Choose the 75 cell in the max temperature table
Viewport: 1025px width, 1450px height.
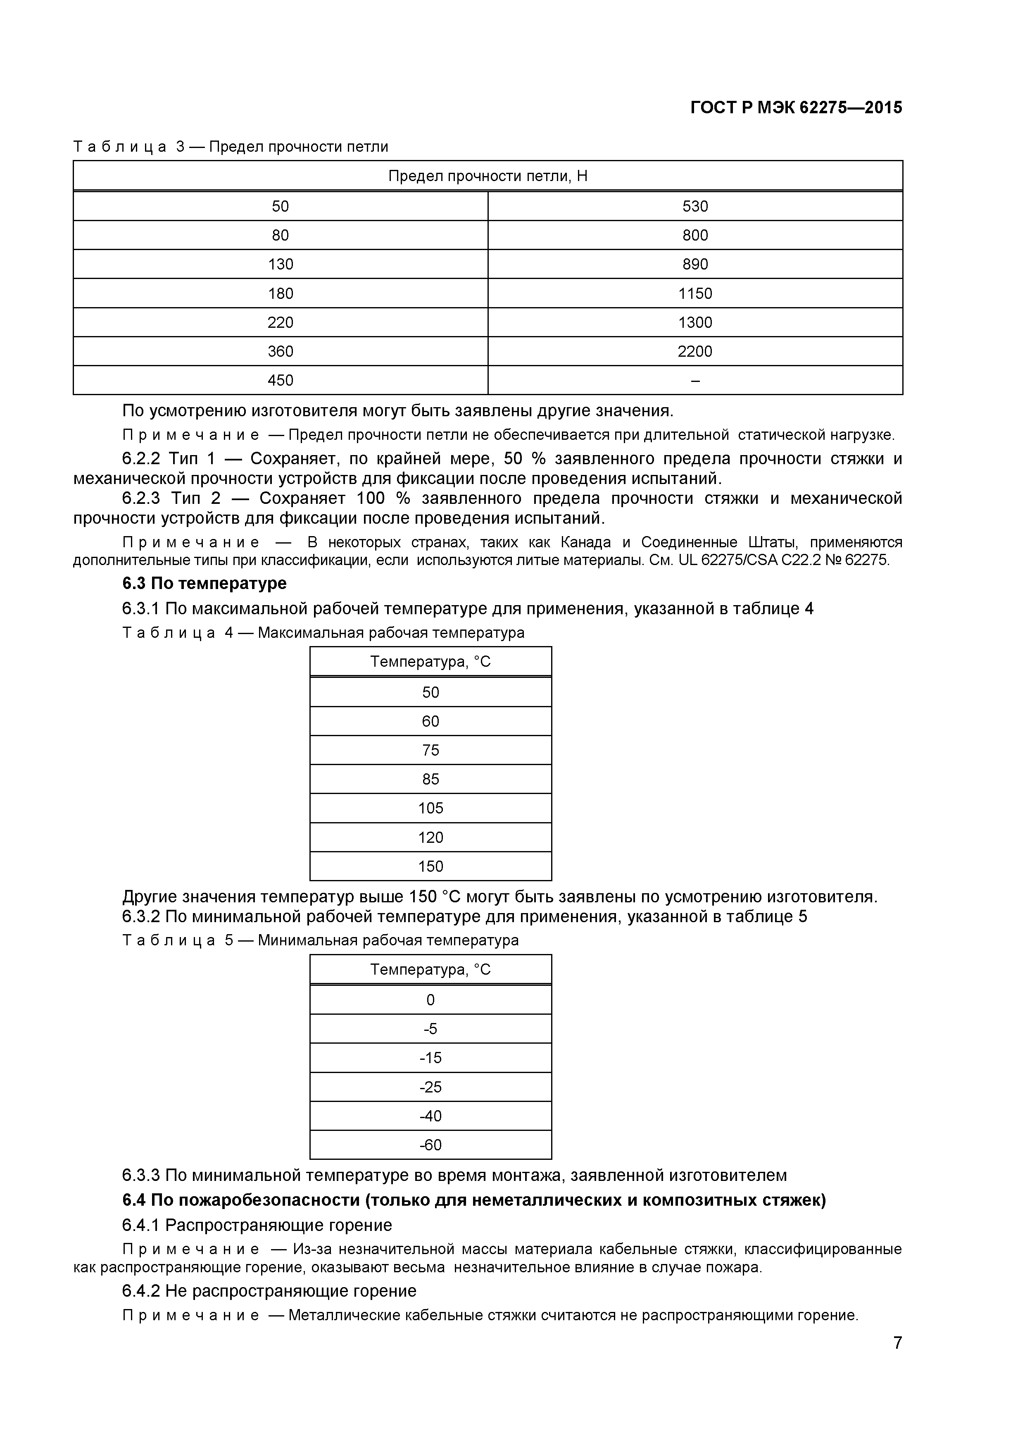(430, 750)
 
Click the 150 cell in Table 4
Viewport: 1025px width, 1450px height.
(430, 866)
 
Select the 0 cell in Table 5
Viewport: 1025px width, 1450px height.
(430, 1000)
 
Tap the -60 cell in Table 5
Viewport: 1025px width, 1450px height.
(430, 1145)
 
